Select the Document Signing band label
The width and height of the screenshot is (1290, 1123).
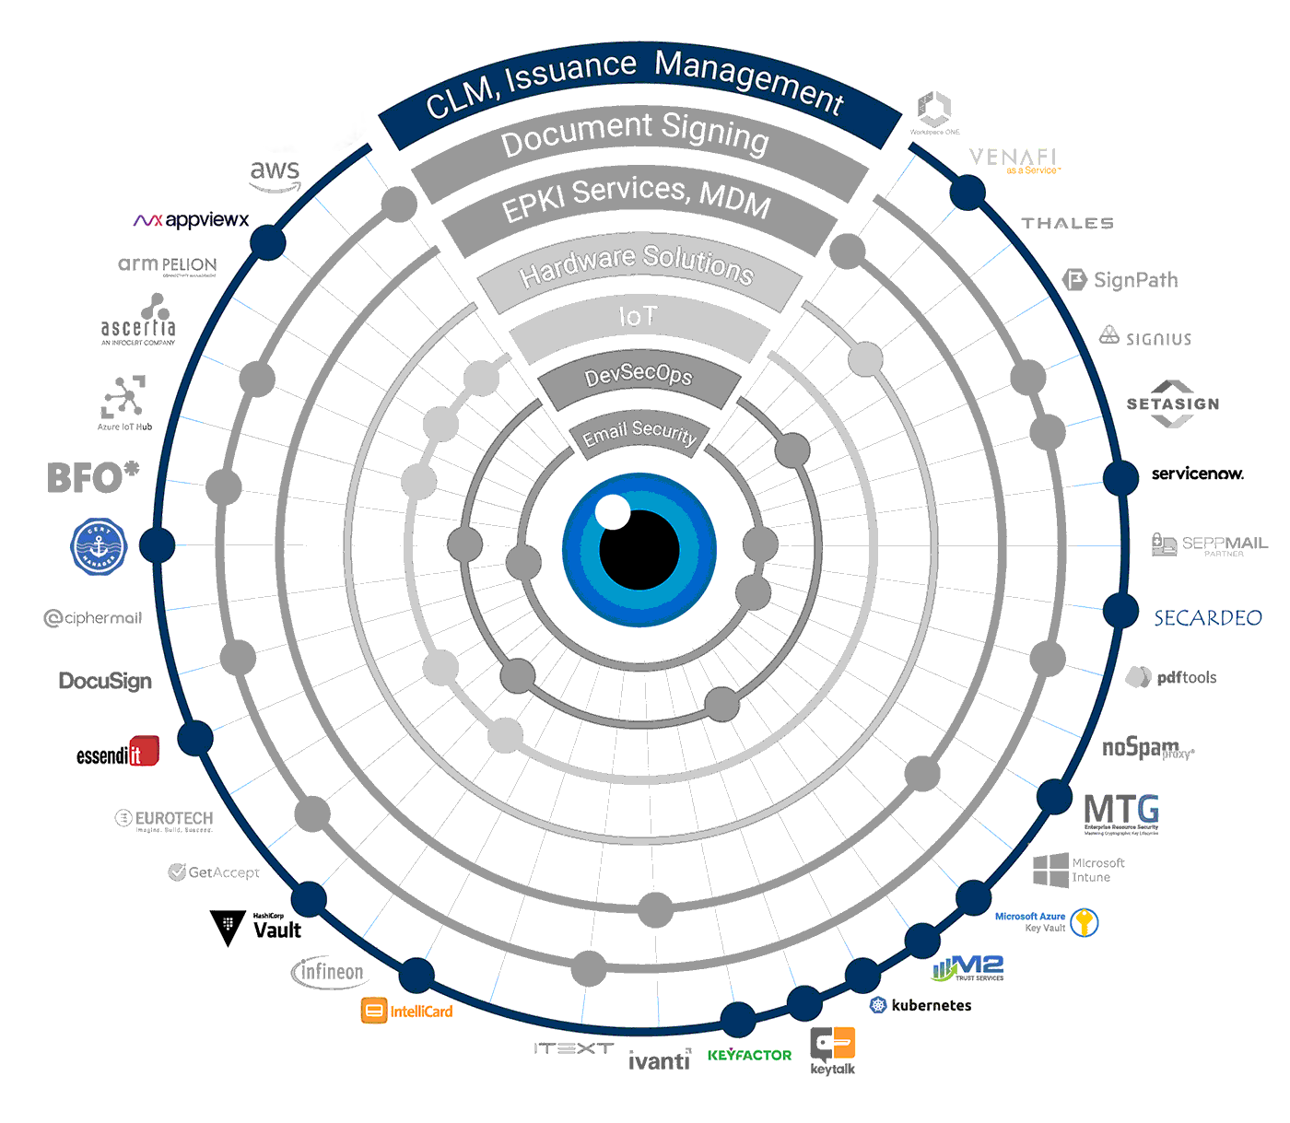click(636, 136)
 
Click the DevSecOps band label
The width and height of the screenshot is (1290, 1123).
click(639, 377)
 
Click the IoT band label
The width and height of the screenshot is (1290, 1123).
click(638, 318)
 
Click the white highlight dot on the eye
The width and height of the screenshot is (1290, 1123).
click(612, 512)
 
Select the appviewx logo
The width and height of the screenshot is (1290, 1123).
click(189, 221)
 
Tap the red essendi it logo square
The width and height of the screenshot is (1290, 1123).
click(145, 752)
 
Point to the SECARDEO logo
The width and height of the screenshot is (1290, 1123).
click(1207, 617)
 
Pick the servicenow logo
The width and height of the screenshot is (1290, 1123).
click(1198, 474)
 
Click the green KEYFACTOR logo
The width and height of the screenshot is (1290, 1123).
click(750, 1055)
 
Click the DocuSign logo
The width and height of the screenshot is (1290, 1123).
click(105, 681)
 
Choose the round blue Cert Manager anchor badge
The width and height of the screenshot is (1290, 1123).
click(99, 546)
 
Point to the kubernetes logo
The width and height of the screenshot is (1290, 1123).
click(921, 1005)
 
